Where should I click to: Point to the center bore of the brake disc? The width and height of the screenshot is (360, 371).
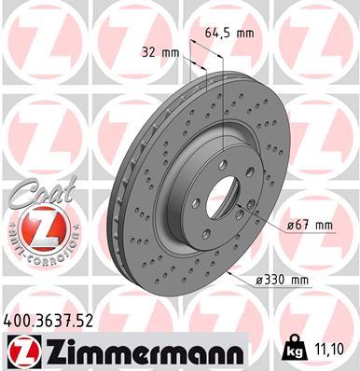click(221, 192)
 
